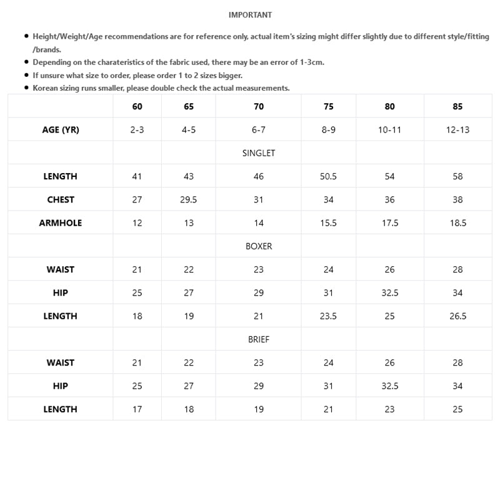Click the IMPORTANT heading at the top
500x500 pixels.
250,15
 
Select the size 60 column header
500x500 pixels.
137,106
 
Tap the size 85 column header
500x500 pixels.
457,106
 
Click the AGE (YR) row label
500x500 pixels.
61,130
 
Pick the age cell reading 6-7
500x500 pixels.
259,130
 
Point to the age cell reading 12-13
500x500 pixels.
457,130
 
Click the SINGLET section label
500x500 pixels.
259,153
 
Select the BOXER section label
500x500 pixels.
259,246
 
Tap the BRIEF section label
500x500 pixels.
259,339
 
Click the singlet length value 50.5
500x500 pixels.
328,176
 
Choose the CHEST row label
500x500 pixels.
61,200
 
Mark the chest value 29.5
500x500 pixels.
189,200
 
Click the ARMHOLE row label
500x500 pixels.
61,223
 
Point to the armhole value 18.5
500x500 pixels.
457,223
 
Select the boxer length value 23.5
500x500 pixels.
328,316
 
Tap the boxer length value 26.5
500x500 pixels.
457,316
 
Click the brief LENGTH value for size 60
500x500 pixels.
137,409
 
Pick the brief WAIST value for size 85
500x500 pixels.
457,362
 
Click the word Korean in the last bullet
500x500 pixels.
46,88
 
